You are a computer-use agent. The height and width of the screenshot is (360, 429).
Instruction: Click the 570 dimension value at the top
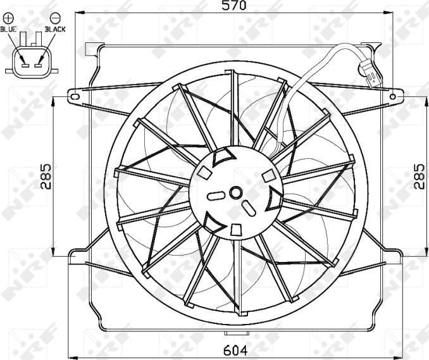233,6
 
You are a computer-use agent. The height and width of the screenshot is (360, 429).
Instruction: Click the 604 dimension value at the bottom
235,350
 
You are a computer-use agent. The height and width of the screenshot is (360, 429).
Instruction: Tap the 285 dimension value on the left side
46,177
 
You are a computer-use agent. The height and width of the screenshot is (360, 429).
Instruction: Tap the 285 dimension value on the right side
419,177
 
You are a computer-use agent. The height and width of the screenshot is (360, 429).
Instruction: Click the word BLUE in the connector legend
8,29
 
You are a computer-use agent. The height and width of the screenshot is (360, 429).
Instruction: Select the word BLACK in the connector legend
55,29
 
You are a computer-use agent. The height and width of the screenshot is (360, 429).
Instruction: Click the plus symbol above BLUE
8,18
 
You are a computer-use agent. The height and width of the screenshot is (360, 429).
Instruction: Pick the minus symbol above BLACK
55,18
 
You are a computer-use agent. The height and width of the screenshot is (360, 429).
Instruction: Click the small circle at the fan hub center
235,193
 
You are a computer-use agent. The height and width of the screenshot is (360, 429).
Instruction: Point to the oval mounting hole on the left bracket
75,97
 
